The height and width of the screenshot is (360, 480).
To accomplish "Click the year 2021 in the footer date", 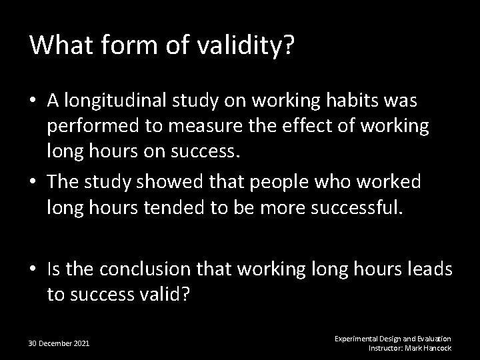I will pos(80,343).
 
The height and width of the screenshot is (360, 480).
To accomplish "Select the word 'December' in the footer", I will pos(55,343).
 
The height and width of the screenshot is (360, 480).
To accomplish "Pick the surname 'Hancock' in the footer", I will pos(437,348).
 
